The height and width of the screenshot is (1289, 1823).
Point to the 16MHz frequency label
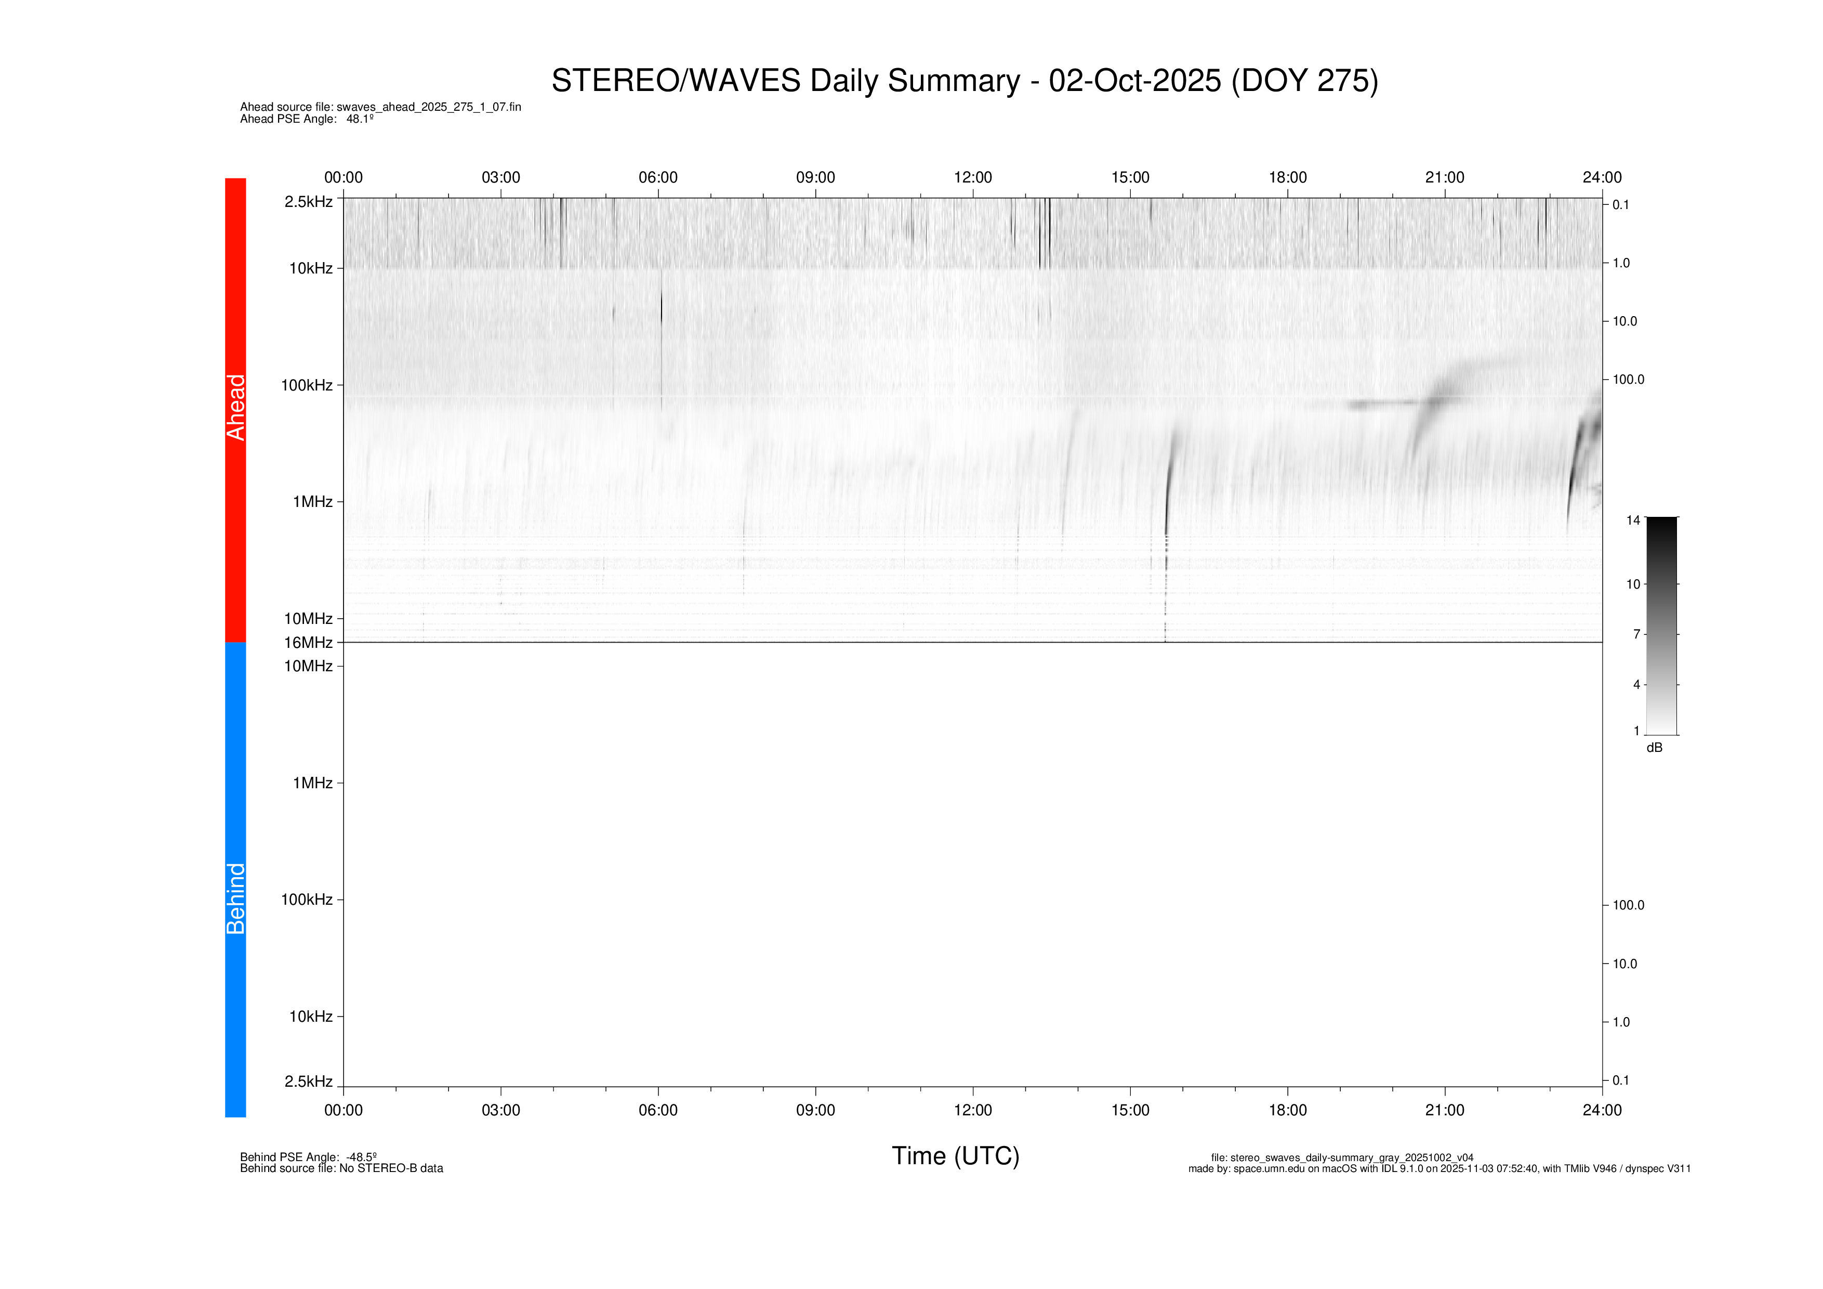(308, 643)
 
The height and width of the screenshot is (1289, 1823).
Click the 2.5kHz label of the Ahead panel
(308, 202)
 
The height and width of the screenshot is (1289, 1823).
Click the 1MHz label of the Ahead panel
(312, 502)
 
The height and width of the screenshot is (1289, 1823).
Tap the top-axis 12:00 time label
(973, 178)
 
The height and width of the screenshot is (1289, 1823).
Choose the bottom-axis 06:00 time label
(658, 1110)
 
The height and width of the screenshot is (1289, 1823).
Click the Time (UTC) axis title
(955, 1155)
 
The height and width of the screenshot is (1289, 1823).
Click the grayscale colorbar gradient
(1661, 626)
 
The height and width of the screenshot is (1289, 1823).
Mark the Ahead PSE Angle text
(307, 119)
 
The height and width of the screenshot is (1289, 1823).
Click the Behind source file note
(341, 1168)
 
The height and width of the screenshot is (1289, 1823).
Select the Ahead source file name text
(380, 107)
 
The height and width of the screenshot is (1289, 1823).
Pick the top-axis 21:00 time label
(1444, 178)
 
